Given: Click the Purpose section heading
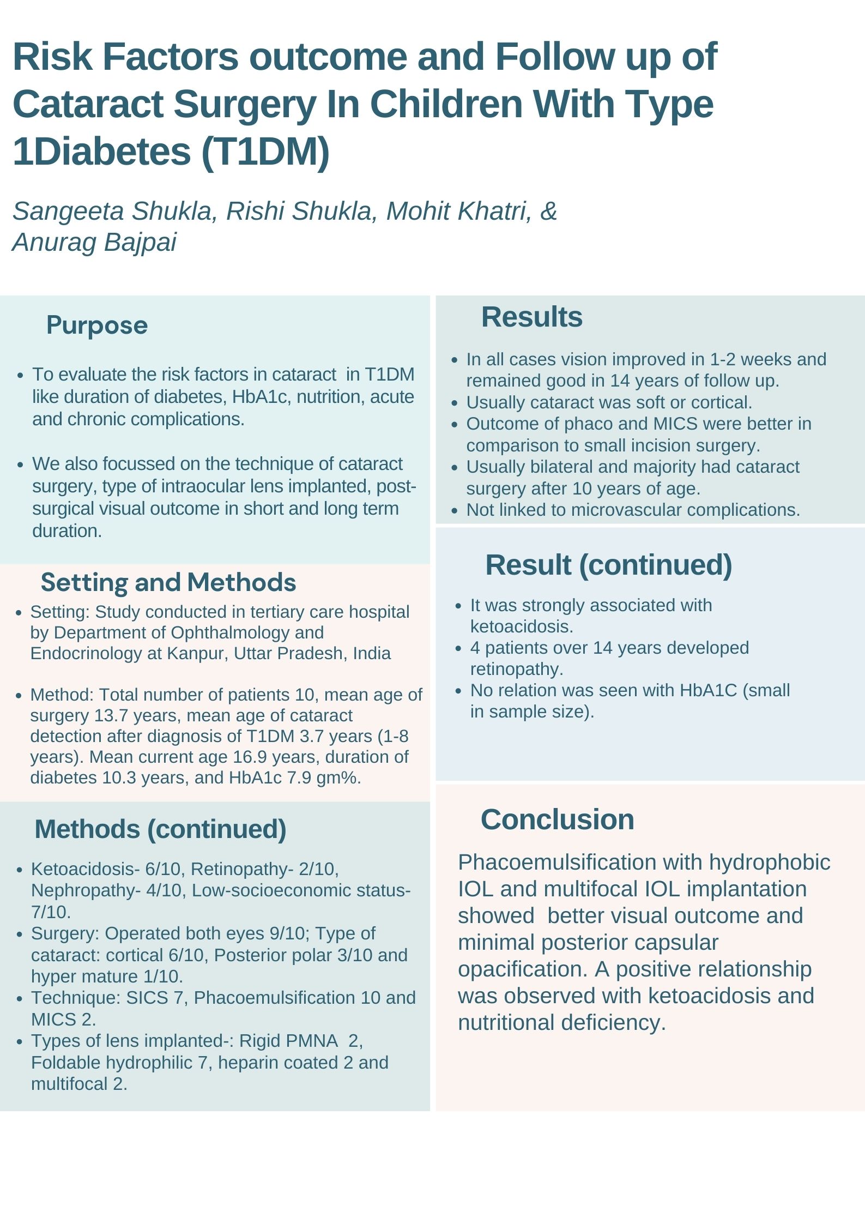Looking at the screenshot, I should (x=97, y=325).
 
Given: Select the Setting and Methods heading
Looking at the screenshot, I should (x=168, y=582).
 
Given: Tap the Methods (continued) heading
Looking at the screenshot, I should (x=160, y=829).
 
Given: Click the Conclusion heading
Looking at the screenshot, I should (x=557, y=819).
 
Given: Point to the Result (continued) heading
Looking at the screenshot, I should (x=608, y=565).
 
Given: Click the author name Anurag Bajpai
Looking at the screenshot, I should (x=94, y=242).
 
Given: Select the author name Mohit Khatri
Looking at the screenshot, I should (x=458, y=212).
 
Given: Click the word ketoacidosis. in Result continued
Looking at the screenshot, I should (x=522, y=626).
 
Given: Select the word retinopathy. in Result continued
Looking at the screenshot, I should (x=517, y=669).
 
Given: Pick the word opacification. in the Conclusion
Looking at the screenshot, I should (x=522, y=969).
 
